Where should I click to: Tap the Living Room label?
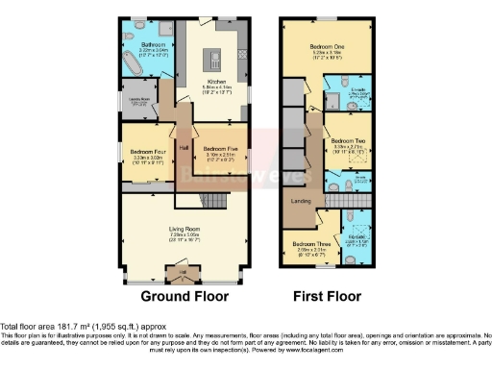(184, 228)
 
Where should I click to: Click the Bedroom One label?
(328, 45)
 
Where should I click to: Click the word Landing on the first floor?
(301, 200)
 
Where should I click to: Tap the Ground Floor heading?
(184, 297)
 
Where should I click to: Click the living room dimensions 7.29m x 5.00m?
(184, 234)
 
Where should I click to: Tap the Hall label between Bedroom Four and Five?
(183, 147)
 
